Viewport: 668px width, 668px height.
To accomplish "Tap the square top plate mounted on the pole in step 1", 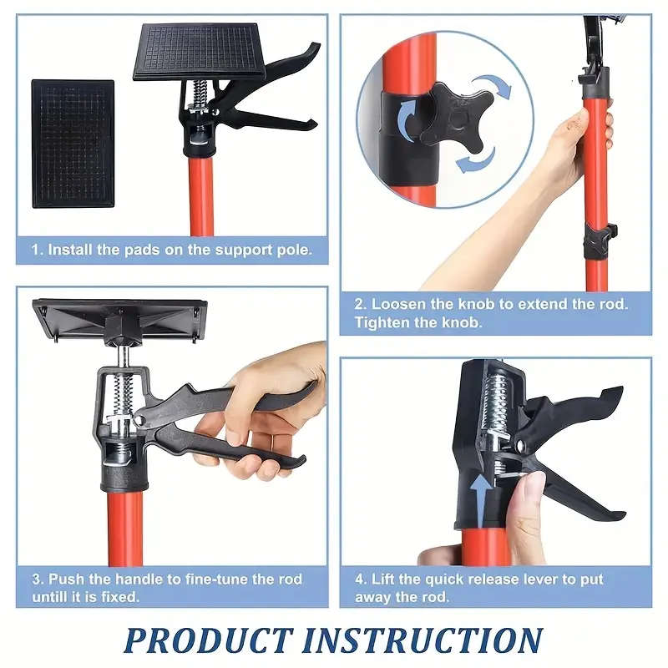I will coord(199,52).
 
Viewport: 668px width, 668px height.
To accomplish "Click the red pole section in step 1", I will coord(201,200).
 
